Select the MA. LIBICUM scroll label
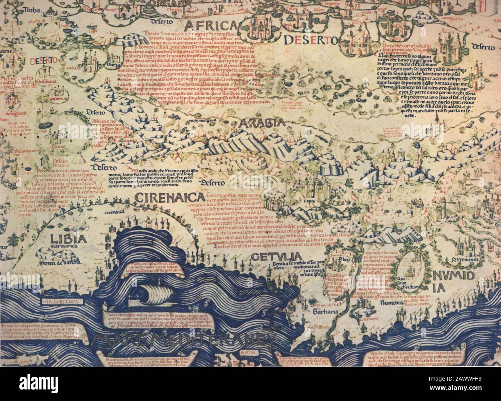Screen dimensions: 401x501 click(x=62, y=302)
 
